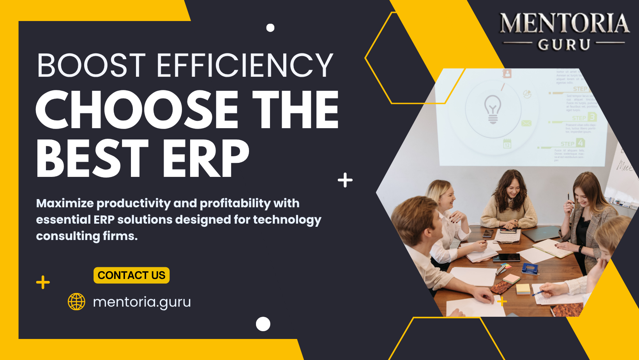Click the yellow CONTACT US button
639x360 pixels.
tap(131, 275)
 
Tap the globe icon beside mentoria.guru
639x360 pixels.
tap(76, 302)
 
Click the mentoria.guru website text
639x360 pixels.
tap(142, 302)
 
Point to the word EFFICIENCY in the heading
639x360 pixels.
tap(245, 65)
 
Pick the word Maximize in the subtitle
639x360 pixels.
tap(65, 203)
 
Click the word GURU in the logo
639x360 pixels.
tap(564, 45)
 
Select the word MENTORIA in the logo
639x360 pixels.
tap(564, 23)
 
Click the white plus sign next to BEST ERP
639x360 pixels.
tap(345, 180)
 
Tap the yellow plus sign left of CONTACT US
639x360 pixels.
tap(43, 282)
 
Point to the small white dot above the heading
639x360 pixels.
tap(270, 28)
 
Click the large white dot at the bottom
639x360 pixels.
tap(263, 324)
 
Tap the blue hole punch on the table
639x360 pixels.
tap(530, 268)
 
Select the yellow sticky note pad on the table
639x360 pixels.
tap(523, 289)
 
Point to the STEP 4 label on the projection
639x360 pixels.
tap(572, 143)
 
